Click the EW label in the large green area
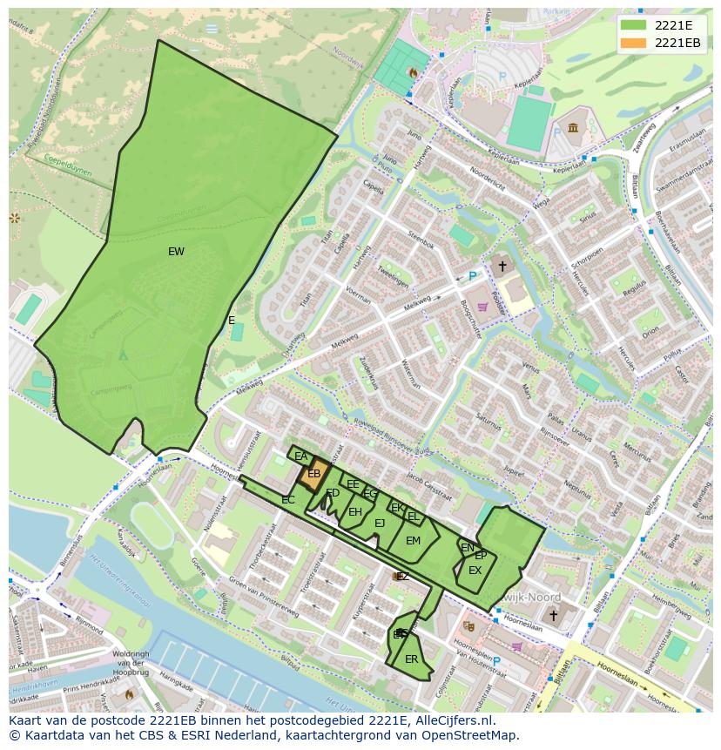pyautogui.click(x=176, y=252)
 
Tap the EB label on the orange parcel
pyautogui.click(x=314, y=474)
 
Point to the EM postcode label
pyautogui.click(x=413, y=541)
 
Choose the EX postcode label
pyautogui.click(x=475, y=571)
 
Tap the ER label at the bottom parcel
pyautogui.click(x=411, y=659)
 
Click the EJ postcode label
pyautogui.click(x=380, y=524)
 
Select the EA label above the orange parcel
pyautogui.click(x=300, y=456)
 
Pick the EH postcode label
pyautogui.click(x=354, y=512)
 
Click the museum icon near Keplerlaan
pyautogui.click(x=573, y=129)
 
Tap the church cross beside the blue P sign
pyautogui.click(x=502, y=265)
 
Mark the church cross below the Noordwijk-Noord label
pyautogui.click(x=552, y=615)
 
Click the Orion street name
pyautogui.click(x=650, y=333)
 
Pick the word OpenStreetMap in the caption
pyautogui.click(x=471, y=735)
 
